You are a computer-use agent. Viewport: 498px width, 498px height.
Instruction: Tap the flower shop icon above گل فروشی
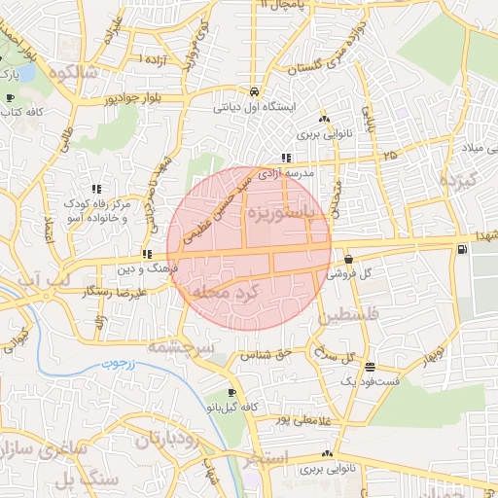click(x=348, y=259)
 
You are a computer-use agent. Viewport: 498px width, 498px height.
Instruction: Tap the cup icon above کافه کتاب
click(x=10, y=98)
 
